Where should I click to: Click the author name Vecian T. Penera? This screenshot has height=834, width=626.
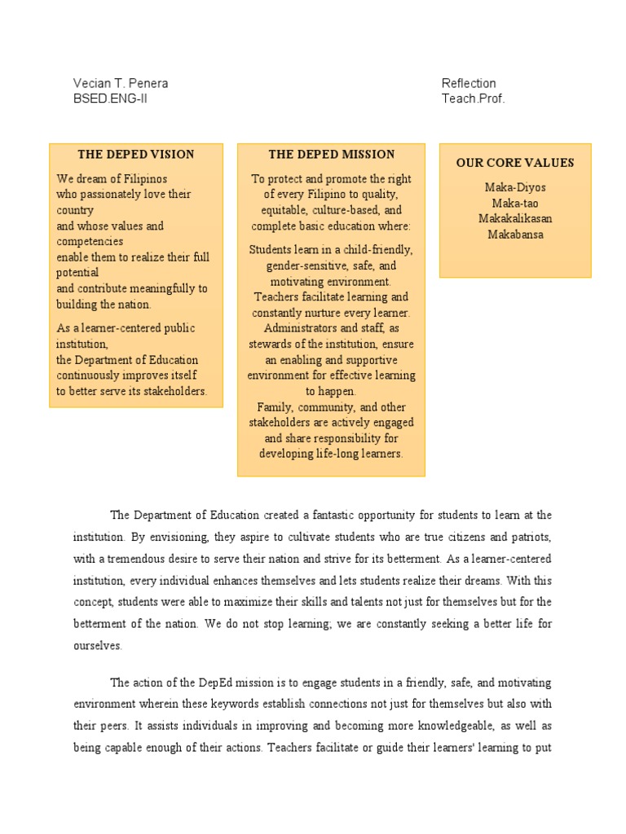(x=121, y=83)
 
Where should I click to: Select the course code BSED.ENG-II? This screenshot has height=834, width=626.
(x=111, y=99)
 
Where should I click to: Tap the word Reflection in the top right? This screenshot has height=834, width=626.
(x=469, y=83)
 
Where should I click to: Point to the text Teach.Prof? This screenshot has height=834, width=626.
(x=474, y=99)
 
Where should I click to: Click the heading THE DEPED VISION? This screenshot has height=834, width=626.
(x=136, y=154)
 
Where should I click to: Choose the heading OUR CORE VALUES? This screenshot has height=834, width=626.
(x=515, y=163)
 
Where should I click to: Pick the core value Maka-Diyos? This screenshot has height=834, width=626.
(x=515, y=187)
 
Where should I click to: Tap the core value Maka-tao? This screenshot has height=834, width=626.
(x=515, y=203)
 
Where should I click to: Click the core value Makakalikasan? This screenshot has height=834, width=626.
(x=515, y=218)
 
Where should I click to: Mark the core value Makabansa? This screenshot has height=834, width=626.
(x=515, y=235)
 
